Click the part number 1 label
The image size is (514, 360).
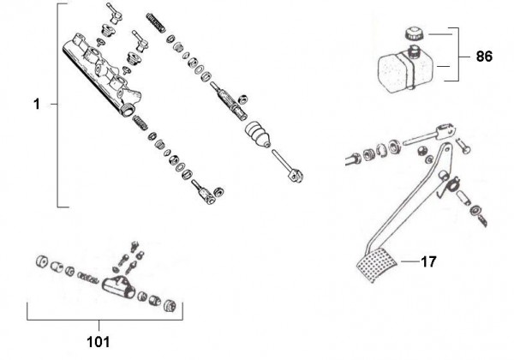click(37, 105)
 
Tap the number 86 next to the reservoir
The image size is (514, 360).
click(485, 57)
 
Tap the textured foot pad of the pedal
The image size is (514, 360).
click(374, 267)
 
